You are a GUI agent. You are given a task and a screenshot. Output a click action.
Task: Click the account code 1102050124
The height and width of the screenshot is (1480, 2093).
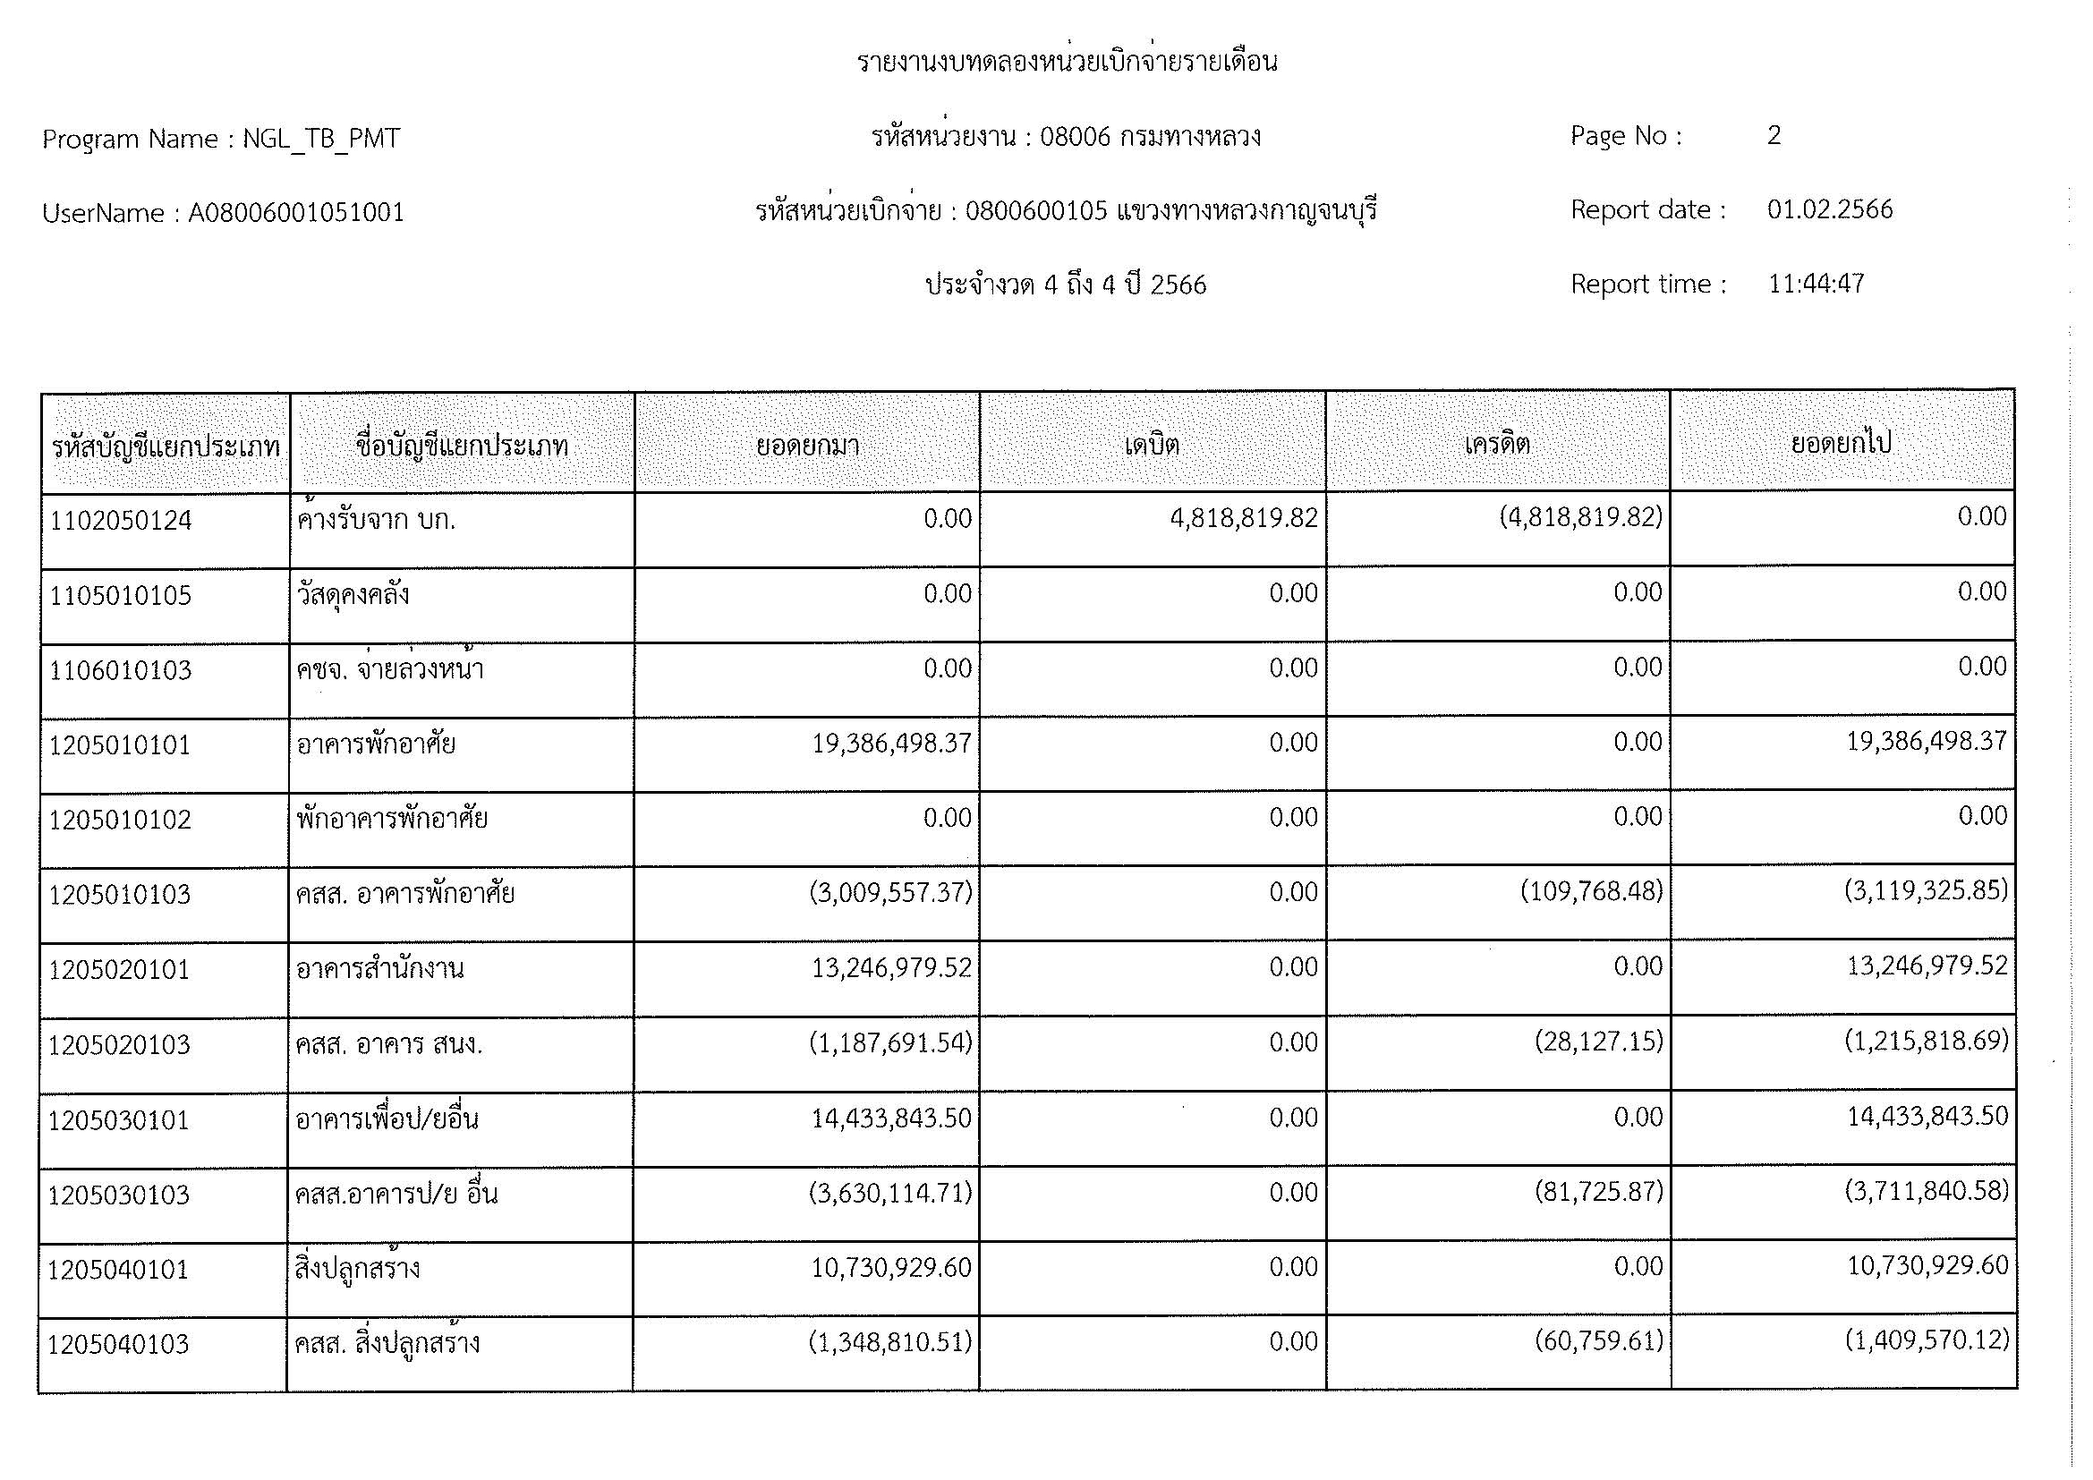[121, 522]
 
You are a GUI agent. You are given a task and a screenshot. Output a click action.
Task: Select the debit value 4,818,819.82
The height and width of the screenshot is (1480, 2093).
[1244, 519]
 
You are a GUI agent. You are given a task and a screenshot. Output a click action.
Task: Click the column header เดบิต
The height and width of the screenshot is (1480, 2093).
[1153, 446]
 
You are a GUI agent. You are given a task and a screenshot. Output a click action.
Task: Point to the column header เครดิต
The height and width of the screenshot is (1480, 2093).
[1497, 445]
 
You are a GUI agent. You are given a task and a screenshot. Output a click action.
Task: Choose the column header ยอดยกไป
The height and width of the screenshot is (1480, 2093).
[1842, 444]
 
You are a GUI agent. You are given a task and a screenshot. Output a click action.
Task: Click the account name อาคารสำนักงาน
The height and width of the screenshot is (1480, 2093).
[380, 968]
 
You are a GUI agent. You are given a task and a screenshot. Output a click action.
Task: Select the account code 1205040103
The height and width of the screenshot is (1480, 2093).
[118, 1344]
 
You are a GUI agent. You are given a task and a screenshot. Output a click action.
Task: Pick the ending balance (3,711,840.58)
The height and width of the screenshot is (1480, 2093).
[1927, 1191]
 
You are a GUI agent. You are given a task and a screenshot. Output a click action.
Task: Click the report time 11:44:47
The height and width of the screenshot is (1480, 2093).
[1816, 285]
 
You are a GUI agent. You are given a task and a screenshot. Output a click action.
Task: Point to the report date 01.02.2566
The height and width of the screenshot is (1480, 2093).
[1830, 209]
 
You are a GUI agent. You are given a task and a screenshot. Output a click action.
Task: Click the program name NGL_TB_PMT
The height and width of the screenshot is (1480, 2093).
[321, 139]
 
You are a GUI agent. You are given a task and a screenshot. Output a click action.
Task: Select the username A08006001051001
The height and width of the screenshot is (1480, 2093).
[296, 213]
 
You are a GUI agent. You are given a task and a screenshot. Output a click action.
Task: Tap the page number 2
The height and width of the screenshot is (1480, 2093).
[1774, 136]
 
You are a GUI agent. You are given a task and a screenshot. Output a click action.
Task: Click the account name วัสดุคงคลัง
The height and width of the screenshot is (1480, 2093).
[353, 595]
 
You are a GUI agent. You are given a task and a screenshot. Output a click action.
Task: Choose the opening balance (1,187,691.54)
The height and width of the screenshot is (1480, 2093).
[890, 1042]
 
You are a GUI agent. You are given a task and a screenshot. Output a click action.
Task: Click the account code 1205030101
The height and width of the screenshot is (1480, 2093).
[118, 1120]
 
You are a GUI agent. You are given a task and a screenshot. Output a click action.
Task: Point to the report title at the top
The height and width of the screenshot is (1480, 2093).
[1067, 62]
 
